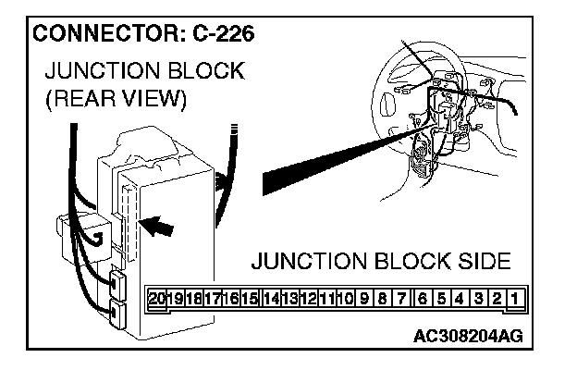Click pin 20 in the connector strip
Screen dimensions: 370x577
coord(157,300)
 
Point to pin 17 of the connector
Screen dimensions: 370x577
coord(214,300)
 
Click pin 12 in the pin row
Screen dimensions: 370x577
coord(310,300)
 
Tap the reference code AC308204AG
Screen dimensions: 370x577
coord(468,335)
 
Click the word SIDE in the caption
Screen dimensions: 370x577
coord(477,261)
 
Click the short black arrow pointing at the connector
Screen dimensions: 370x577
coord(159,223)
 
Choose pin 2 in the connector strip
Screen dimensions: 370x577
coord(497,300)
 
